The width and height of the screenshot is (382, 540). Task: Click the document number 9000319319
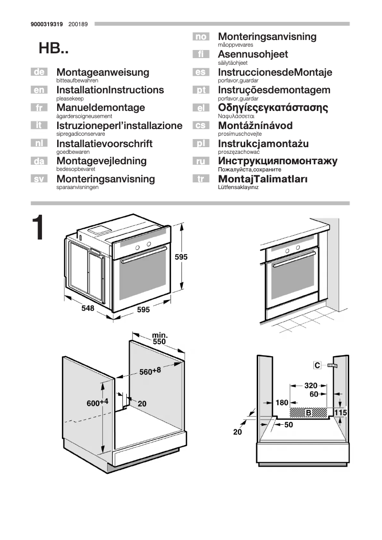point(46,23)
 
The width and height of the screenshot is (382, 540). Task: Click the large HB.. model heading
point(53,48)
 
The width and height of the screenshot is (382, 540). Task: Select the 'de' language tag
point(39,72)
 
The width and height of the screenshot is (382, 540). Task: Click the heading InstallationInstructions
point(110,90)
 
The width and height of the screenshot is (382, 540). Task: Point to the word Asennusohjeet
point(253,54)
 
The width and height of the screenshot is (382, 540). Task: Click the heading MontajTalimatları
point(262,180)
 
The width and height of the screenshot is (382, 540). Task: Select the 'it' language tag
point(39,126)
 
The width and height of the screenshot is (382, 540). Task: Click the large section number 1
point(39,229)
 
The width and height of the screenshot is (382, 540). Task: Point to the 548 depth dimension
point(88,308)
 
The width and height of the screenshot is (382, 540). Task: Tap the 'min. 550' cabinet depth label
point(160,339)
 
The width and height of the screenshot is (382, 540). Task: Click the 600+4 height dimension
point(97,402)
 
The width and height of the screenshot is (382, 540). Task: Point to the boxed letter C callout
point(317,365)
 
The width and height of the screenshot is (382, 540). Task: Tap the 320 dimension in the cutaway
point(311,385)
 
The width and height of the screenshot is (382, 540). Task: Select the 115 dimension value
point(340,412)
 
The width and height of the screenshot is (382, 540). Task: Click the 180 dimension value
point(282,403)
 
